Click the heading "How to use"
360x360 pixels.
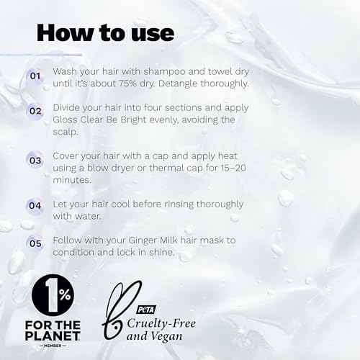105,32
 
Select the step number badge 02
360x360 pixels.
35,112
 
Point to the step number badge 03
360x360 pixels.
35,161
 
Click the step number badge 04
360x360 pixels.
35,206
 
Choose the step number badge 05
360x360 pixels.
35,243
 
